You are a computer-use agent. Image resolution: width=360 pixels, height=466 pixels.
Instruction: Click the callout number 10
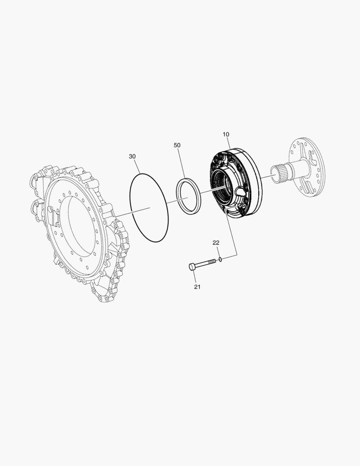[226, 134]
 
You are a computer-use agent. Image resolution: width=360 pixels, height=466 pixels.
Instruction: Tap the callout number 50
[177, 145]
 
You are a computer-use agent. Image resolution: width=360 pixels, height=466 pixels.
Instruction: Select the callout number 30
[132, 156]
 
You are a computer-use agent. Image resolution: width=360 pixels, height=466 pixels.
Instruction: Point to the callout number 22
[216, 242]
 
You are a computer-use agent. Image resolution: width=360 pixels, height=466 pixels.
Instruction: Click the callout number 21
[197, 287]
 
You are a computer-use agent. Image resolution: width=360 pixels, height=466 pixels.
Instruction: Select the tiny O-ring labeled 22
[220, 259]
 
